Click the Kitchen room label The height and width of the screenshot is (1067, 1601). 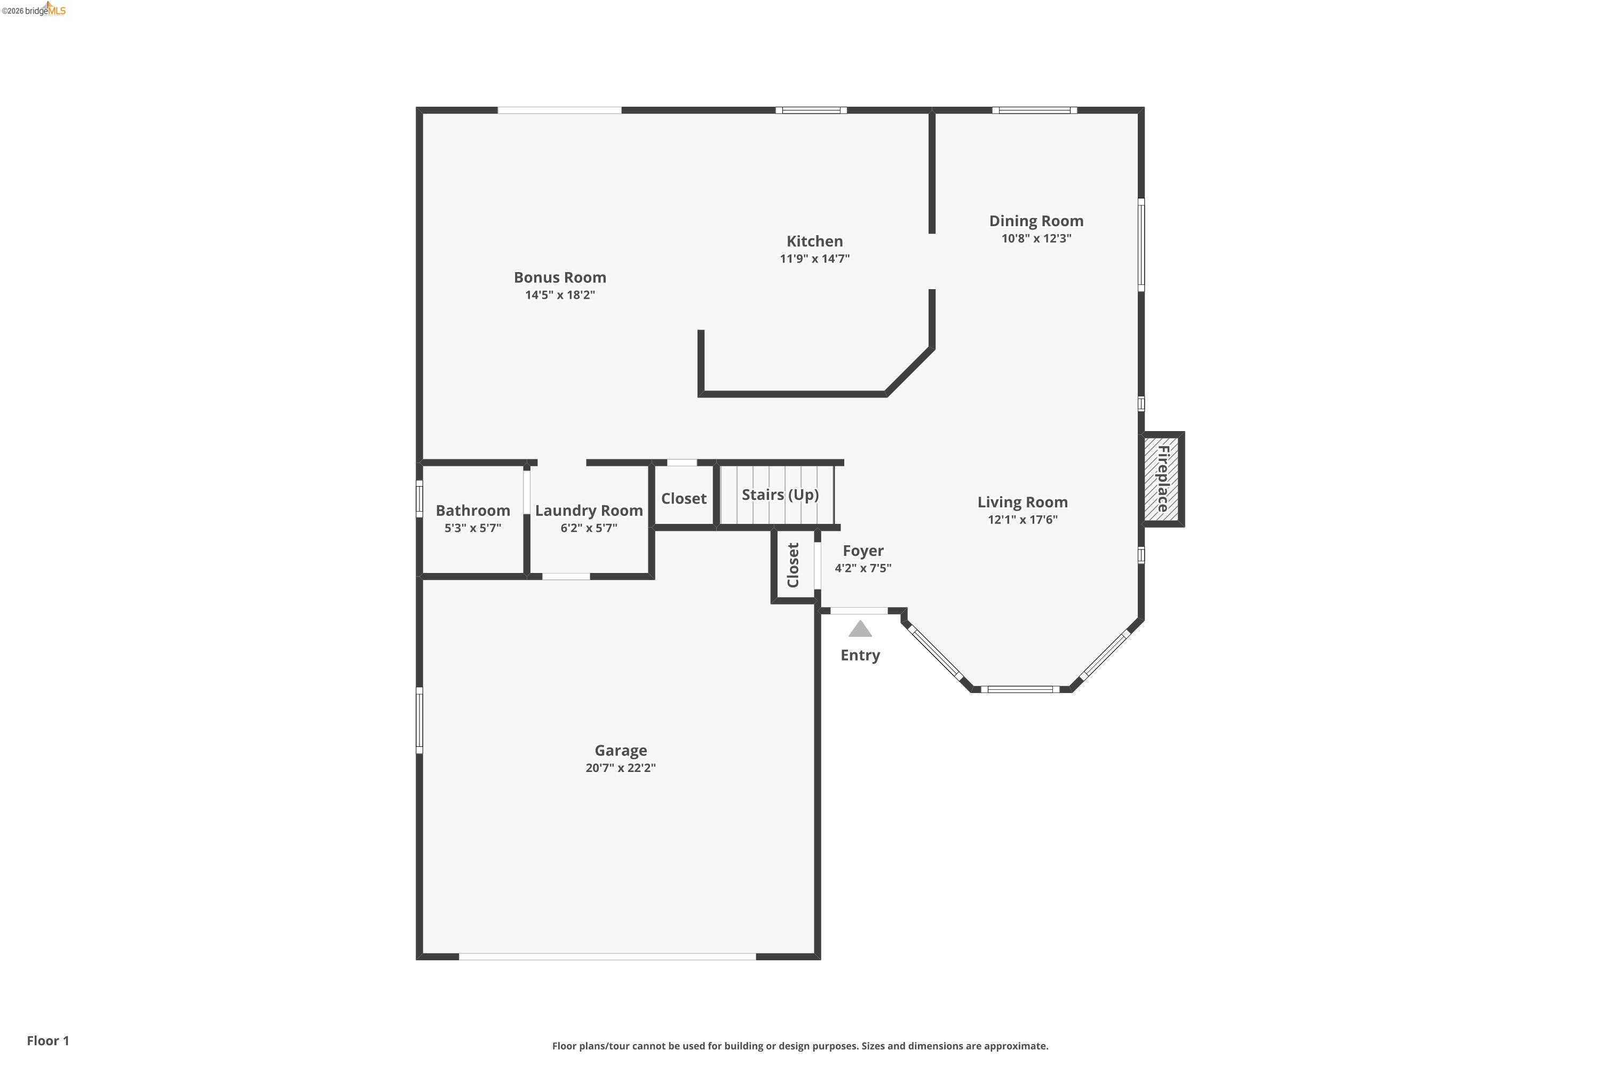click(814, 241)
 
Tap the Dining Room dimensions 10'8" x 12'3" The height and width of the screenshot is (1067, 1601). click(1036, 238)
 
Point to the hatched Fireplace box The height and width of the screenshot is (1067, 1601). click(1161, 479)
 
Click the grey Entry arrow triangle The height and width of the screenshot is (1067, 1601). click(860, 630)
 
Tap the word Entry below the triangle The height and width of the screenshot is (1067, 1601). click(860, 655)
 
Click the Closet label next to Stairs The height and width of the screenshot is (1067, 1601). click(684, 498)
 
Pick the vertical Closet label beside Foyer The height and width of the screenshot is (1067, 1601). click(793, 565)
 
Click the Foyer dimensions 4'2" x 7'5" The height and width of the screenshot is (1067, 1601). click(862, 568)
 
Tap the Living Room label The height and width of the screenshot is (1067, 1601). click(1023, 502)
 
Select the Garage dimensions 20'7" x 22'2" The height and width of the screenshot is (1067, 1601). click(620, 768)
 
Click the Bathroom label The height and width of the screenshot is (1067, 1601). click(472, 511)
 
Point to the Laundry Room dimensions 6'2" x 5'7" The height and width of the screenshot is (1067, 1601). click(589, 528)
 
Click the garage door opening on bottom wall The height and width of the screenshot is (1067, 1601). click(607, 956)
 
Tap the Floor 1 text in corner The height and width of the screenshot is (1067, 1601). click(47, 1040)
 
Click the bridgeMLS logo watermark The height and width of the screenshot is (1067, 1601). click(34, 10)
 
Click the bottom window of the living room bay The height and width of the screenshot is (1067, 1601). click(1020, 689)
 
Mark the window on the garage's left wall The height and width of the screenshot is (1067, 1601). click(419, 720)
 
